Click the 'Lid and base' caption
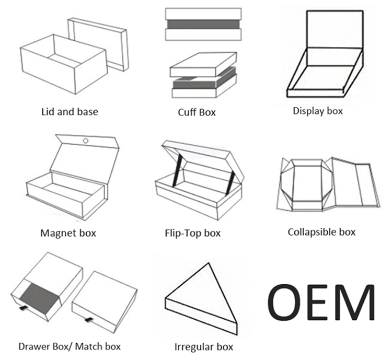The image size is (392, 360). pos(70,111)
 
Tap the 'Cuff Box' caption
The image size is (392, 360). pos(197,112)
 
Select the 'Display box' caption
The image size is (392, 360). pos(318,111)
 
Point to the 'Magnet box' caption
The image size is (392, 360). pos(68,233)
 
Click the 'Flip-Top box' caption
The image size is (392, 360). pos(193,233)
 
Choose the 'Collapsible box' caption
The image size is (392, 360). pos(321,232)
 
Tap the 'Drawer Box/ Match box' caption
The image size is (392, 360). pos(70,346)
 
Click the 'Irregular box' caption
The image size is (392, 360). pos(204,347)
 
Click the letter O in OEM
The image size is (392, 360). pos(284,302)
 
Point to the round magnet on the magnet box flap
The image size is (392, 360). pos(86,141)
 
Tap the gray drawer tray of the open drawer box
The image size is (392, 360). pos(40,298)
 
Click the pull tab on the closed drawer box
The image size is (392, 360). pos(89,320)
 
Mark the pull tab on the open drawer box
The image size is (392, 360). pos(23,308)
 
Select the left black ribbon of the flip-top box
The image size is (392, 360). pos(177,170)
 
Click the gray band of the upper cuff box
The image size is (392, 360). pos(203,24)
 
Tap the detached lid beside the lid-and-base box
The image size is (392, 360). pos(98,44)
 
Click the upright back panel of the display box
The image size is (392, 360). pos(335,29)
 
